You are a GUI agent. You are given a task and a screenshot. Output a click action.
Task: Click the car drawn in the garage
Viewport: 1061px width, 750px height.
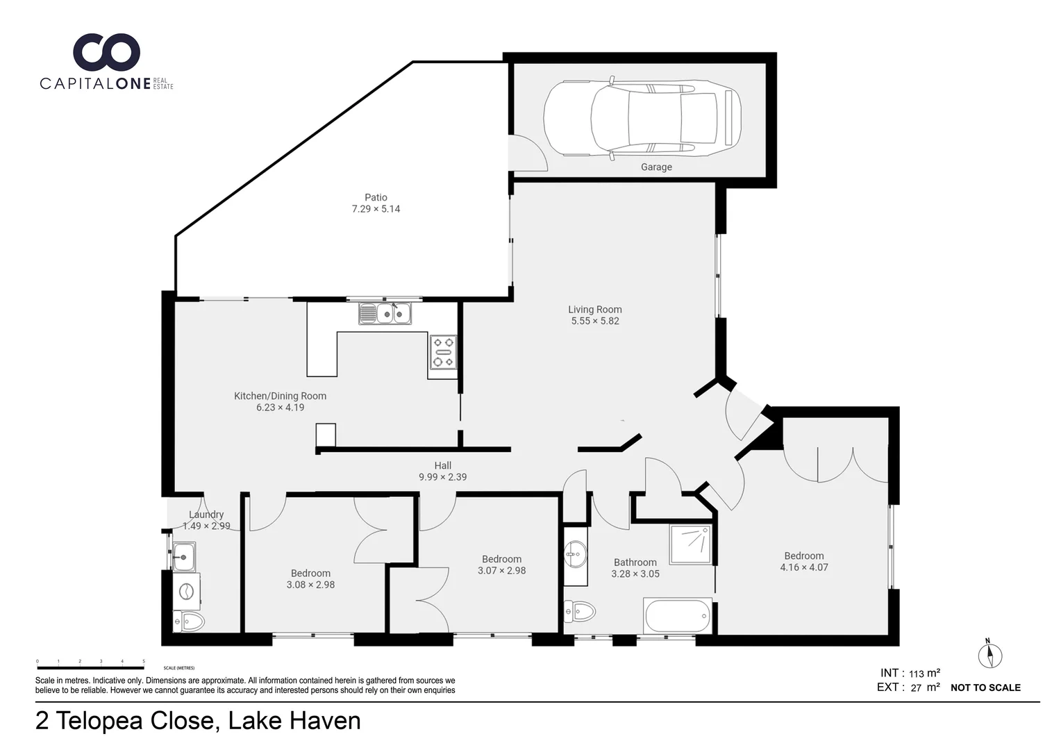[x=642, y=118]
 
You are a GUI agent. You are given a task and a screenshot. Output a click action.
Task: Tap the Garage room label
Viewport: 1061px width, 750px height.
[x=656, y=167]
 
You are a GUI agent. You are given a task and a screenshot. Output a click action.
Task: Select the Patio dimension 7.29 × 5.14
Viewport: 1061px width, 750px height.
[x=376, y=209]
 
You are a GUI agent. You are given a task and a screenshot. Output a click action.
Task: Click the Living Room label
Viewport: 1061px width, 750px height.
[x=594, y=310]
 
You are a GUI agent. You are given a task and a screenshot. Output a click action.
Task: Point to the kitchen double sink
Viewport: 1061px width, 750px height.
[x=385, y=314]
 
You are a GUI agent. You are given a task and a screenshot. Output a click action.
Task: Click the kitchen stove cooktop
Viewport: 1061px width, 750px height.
[x=443, y=352]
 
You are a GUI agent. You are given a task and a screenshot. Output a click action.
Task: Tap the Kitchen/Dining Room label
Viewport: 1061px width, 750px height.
[x=280, y=396]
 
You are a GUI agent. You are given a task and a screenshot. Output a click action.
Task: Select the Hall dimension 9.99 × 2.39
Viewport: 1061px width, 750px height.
[x=442, y=477]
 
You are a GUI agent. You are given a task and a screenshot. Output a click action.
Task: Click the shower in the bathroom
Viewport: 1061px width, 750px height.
[x=690, y=544]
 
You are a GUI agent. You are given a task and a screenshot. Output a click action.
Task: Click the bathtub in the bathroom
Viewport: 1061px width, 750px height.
[x=677, y=615]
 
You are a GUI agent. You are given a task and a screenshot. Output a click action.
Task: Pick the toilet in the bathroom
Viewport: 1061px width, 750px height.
[x=580, y=611]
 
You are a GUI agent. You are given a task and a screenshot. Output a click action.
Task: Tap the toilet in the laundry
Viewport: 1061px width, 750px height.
[x=188, y=621]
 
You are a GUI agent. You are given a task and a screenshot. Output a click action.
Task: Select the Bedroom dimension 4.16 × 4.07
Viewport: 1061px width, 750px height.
[x=804, y=567]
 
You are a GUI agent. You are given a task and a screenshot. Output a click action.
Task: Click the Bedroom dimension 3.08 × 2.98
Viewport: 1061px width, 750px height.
[x=310, y=585]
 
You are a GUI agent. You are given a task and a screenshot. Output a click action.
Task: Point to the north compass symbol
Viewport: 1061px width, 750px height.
[x=990, y=655]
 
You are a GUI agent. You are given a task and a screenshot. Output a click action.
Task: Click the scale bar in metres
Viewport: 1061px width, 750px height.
[x=90, y=668]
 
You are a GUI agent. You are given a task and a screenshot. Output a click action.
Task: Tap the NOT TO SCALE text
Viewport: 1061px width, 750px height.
[x=985, y=687]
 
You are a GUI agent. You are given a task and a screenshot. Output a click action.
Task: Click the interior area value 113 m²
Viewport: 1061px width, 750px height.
[x=924, y=673]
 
